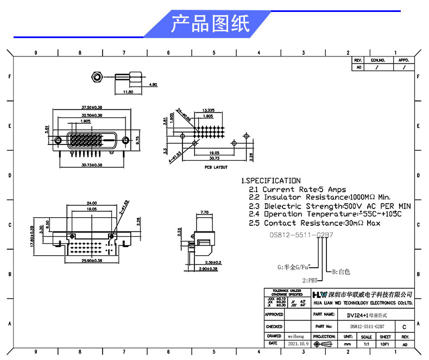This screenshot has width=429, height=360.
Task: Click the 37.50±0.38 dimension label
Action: (92, 107)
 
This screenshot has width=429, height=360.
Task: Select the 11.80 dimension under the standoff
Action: (128, 92)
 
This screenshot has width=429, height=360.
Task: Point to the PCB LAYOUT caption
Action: (216, 167)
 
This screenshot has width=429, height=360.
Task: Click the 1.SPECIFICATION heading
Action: (270, 180)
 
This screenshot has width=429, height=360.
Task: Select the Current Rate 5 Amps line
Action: (297, 190)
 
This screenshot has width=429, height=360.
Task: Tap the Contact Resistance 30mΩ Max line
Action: (314, 223)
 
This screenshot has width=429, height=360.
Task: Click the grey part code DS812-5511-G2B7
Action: (301, 236)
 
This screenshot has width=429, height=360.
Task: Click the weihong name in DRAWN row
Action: (298, 337)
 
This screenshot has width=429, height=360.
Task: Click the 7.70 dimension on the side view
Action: (205, 212)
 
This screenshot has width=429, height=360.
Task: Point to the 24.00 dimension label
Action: (91, 203)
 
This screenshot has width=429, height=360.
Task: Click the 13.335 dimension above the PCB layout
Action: (208, 110)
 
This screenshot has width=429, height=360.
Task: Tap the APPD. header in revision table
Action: (403, 60)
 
